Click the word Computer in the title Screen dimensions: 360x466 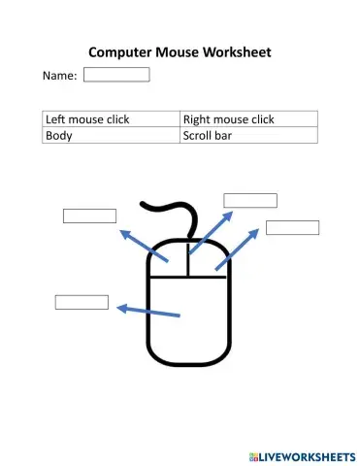[123, 51]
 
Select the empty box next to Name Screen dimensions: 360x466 [116, 75]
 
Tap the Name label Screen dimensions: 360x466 [58, 75]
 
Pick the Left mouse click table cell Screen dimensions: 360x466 [112, 119]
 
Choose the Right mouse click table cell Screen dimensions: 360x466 [248, 119]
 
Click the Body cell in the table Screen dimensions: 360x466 [112, 135]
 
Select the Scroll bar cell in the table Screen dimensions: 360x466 [248, 135]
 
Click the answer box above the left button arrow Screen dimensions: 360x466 [89, 216]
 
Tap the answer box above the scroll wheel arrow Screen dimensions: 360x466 [250, 201]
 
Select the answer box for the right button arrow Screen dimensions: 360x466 [292, 227]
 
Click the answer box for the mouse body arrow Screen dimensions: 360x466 [82, 302]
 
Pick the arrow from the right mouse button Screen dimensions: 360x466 [239, 249]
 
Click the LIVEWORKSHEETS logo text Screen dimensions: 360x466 [304, 455]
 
